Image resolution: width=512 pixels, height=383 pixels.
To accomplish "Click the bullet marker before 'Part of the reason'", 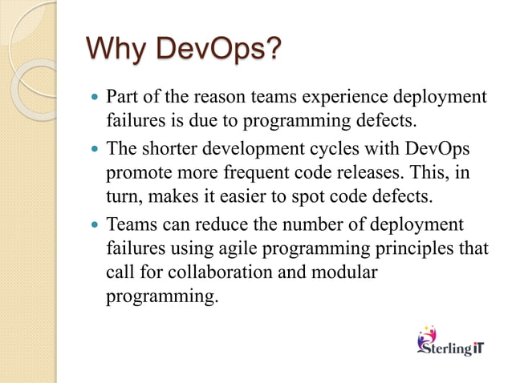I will click(x=94, y=99).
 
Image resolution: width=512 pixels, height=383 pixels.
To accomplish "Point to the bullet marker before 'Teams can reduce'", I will click(x=94, y=224).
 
